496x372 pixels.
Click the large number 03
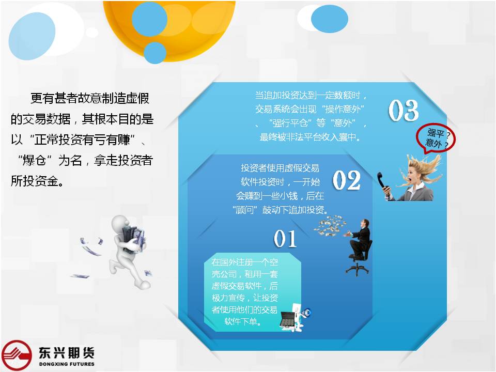(x=404, y=110)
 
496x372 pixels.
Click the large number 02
(x=346, y=180)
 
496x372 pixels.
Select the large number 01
(x=285, y=239)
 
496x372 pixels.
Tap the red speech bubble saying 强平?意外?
(x=436, y=138)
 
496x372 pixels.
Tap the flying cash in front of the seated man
(x=330, y=225)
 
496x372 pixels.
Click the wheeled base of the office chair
(x=357, y=269)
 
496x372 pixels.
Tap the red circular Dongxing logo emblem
(x=17, y=355)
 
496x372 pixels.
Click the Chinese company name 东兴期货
(x=67, y=352)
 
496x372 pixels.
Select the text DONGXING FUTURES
(x=67, y=364)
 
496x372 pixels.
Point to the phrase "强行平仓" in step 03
(x=290, y=123)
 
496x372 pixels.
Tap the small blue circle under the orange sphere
(x=154, y=53)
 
